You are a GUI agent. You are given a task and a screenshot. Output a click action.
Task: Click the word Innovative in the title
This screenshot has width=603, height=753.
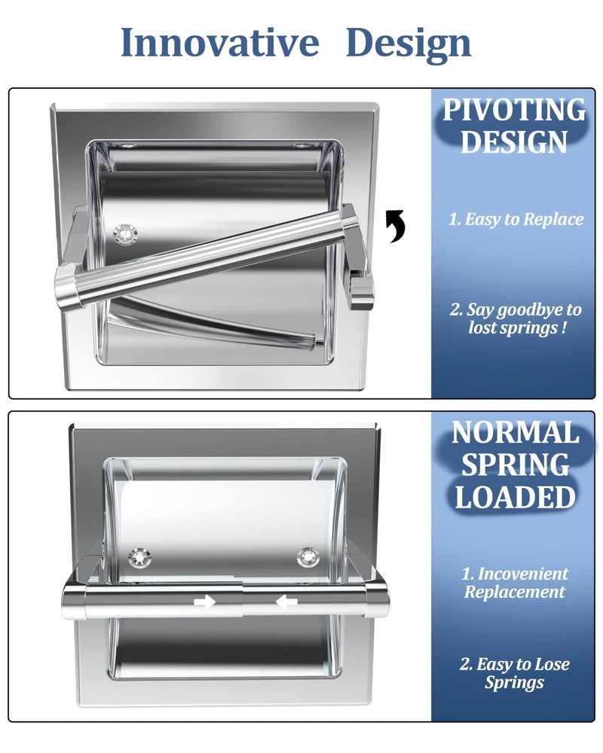coord(220,42)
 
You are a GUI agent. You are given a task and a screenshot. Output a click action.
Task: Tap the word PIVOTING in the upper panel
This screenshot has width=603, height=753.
coord(514,110)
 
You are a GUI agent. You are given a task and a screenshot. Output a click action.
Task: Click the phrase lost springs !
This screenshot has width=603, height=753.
coord(518,328)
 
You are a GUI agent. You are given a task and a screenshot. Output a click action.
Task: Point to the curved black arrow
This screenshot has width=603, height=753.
coord(396,226)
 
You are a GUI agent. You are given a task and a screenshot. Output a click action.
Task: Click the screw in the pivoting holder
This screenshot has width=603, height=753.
coord(126,234)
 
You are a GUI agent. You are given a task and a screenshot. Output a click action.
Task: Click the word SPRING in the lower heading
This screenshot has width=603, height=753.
coord(515,465)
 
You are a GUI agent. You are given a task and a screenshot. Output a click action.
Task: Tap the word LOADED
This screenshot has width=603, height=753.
coord(515,497)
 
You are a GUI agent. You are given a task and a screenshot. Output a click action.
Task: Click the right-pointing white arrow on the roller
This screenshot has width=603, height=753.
coord(204,602)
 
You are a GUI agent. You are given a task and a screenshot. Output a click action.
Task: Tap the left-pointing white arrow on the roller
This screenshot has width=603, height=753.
coord(286,601)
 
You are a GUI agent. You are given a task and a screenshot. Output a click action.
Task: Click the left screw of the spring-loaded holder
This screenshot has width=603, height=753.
coord(139,558)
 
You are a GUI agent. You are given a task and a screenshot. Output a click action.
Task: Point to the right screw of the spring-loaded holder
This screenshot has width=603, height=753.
coord(308,557)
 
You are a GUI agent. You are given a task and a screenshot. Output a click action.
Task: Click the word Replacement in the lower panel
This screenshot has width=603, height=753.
coord(515,592)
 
